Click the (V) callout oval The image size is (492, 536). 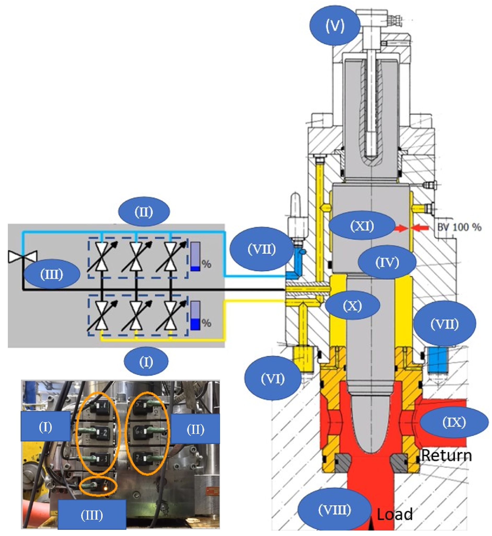click(335, 26)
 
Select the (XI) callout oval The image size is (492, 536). click(362, 226)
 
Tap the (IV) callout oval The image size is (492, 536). click(387, 262)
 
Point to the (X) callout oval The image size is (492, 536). click(352, 306)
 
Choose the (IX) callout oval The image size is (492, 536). click(454, 422)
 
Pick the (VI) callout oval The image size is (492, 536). click(273, 378)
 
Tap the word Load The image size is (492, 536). click(395, 514)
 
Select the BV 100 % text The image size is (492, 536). click(459, 227)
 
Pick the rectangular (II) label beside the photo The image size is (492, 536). click(195, 429)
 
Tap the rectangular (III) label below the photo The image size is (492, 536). click(92, 515)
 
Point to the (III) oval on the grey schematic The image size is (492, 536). click(52, 274)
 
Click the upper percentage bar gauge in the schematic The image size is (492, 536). click(195, 256)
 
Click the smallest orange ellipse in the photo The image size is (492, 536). click(98, 486)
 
